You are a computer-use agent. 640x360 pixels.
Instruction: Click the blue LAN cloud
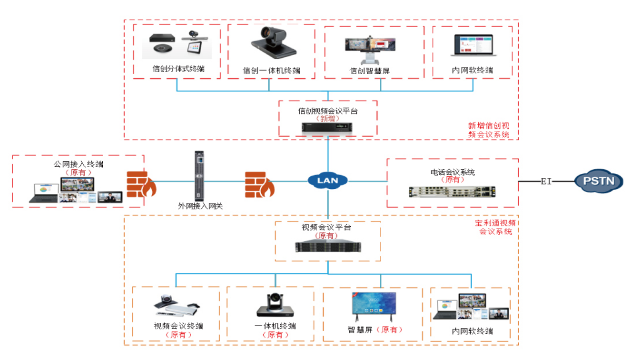click(x=327, y=181)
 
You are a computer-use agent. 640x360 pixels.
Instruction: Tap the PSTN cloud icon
click(x=598, y=182)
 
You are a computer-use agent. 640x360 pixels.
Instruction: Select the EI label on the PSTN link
click(x=546, y=182)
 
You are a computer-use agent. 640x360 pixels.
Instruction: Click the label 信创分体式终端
click(x=178, y=69)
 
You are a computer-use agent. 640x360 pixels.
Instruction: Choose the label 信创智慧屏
click(x=369, y=71)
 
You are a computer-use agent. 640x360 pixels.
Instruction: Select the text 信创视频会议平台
click(x=327, y=110)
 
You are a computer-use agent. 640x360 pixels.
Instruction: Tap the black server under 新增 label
click(x=327, y=129)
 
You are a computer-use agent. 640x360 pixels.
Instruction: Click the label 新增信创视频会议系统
click(x=488, y=130)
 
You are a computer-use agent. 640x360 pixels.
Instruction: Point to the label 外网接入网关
click(x=201, y=206)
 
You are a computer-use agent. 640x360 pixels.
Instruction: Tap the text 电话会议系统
click(x=452, y=173)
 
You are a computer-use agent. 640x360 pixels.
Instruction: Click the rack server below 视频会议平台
click(x=328, y=247)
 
